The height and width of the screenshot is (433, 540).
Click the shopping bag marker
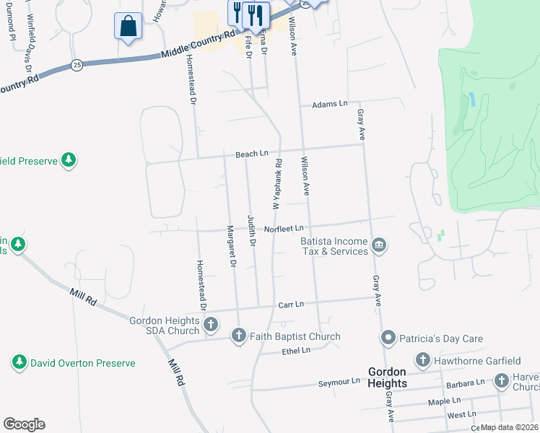coord(128,27)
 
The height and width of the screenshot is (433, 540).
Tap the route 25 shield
coord(77,65)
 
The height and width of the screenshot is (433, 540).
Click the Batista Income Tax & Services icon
coord(378,247)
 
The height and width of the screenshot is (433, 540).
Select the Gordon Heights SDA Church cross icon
coord(210,325)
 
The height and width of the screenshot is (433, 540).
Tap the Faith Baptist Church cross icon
coord(239,336)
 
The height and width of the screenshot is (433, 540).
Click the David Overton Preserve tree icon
coord(19,362)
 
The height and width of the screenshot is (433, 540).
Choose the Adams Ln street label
coord(330,105)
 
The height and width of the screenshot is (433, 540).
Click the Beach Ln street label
coord(252,154)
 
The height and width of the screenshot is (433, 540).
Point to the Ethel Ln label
coord(295,350)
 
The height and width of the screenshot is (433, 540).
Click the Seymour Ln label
coord(339,381)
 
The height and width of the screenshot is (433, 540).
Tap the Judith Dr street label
coord(252,232)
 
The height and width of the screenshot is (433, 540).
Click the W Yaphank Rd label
coord(278,180)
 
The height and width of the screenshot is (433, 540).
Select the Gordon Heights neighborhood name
coord(386,376)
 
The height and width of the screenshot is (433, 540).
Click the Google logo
coord(24,424)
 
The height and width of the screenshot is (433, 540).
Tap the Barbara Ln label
coord(465,382)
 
